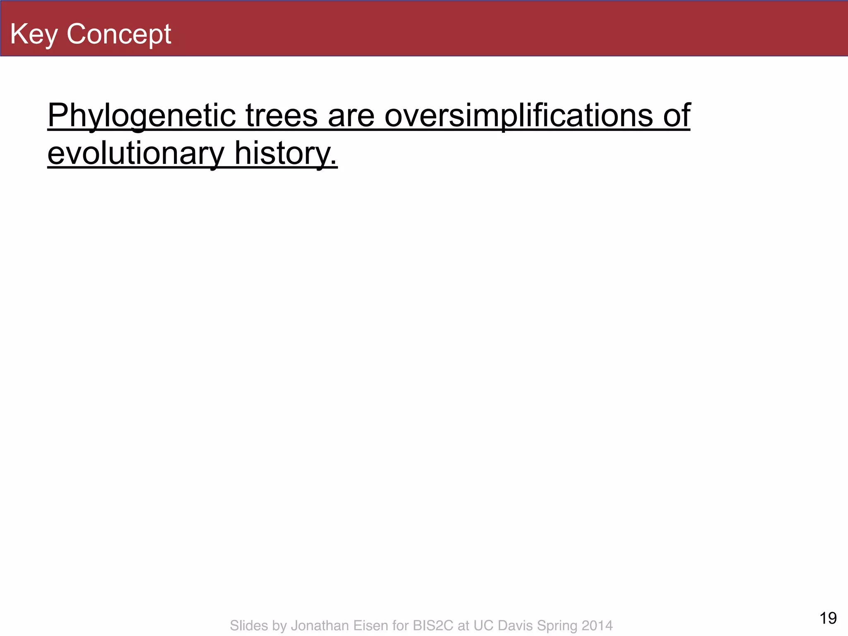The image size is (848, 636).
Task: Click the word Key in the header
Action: click(x=34, y=34)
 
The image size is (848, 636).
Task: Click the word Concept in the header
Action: click(x=119, y=34)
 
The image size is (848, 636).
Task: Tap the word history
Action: click(x=286, y=153)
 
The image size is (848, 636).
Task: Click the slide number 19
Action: click(x=828, y=618)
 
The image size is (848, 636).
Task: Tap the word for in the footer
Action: click(x=400, y=625)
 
